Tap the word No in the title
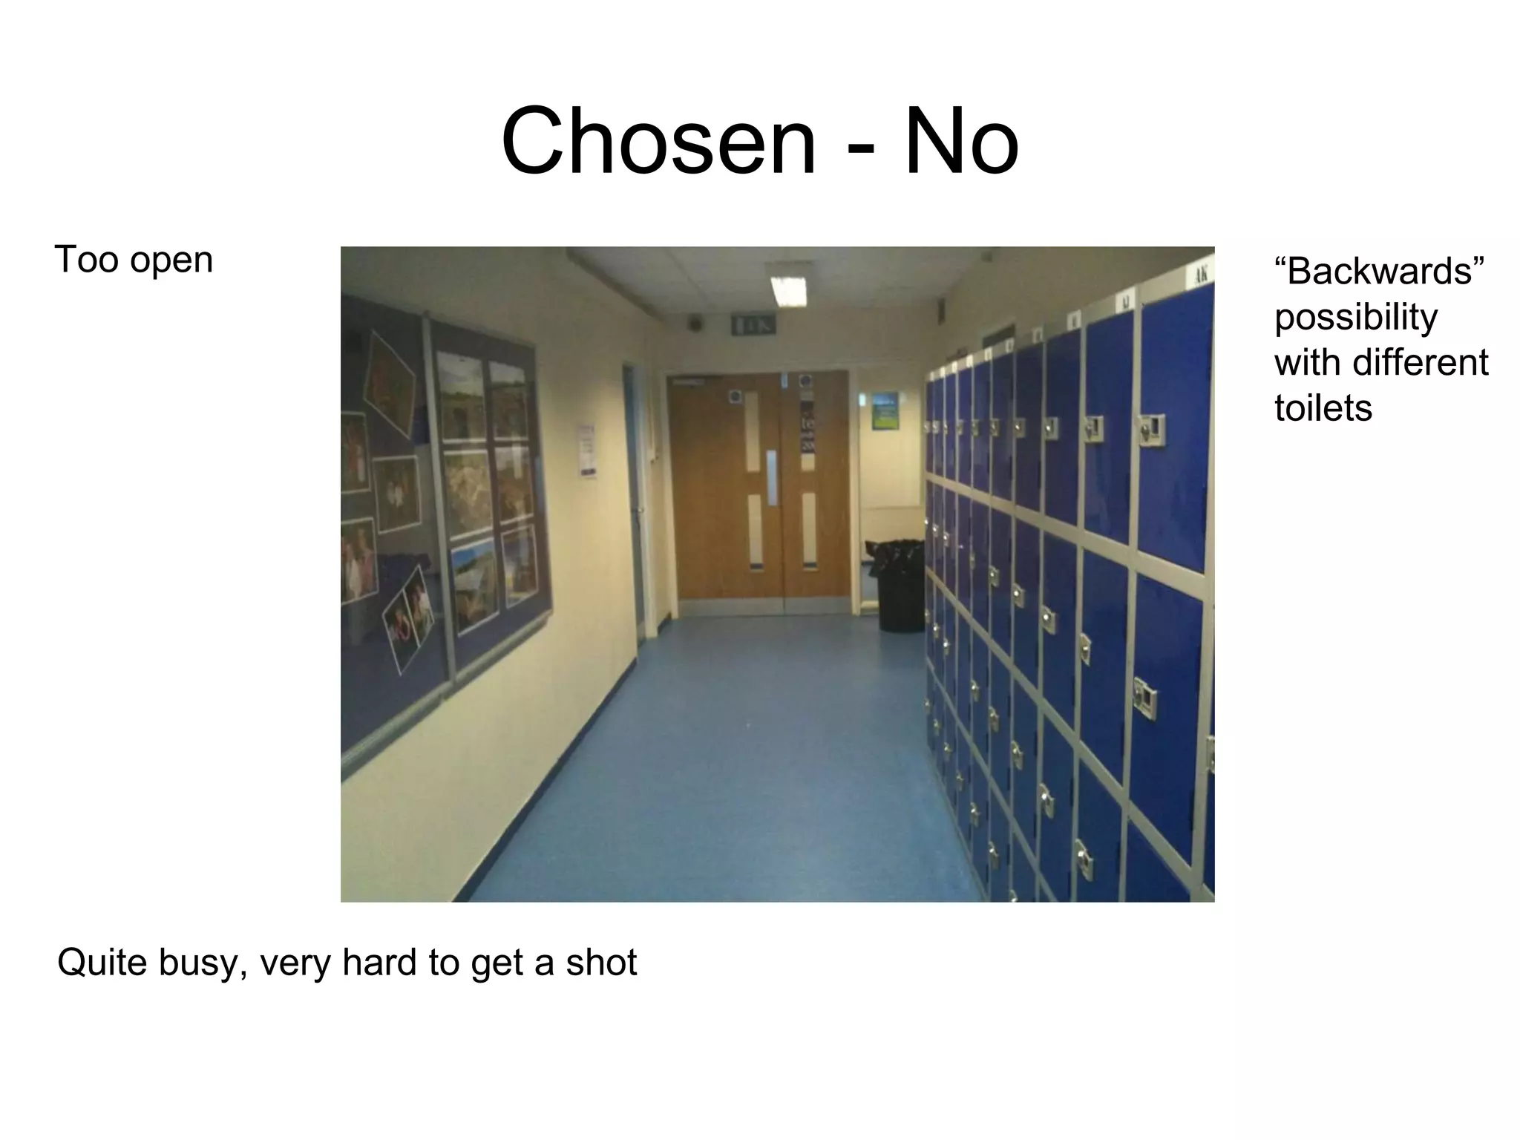coord(961,141)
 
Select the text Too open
coord(134,260)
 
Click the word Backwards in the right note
coord(1380,271)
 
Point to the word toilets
coord(1323,407)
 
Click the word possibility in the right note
coord(1355,318)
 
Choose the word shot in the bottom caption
coord(601,963)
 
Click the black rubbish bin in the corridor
coord(900,586)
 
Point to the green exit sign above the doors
coord(753,324)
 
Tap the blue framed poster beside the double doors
coord(885,411)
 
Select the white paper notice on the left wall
coord(586,451)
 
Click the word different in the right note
coord(1421,362)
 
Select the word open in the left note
coord(171,260)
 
